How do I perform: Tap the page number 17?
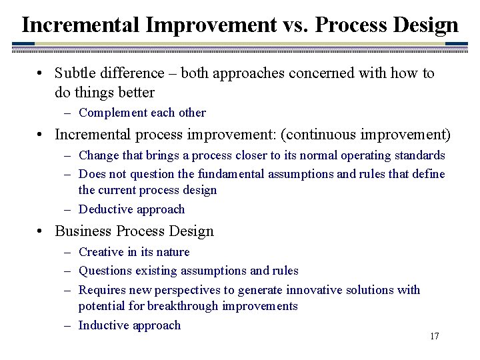[x=434, y=336]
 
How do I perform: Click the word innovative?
[x=314, y=290]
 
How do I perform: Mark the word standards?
[x=417, y=155]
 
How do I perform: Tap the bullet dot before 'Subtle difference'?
[x=41, y=73]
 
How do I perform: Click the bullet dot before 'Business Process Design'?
[x=41, y=232]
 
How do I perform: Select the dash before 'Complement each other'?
[x=69, y=113]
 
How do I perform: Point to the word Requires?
[x=102, y=290]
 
